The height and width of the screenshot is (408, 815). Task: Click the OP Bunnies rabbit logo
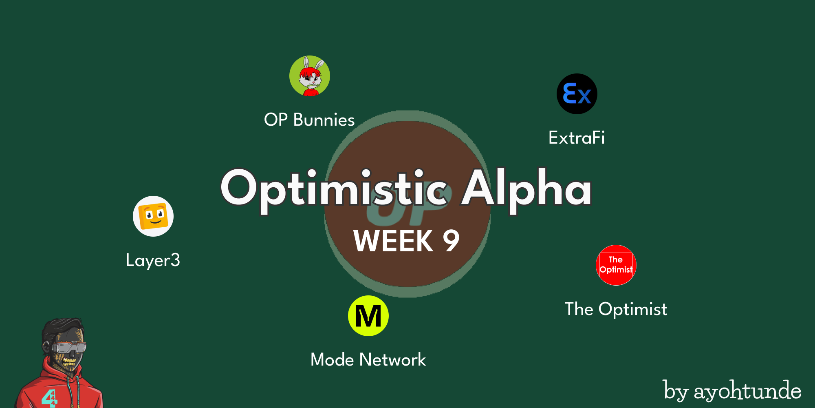pos(310,76)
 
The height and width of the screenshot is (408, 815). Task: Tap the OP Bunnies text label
pos(309,120)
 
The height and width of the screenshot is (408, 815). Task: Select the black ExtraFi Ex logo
pos(577,94)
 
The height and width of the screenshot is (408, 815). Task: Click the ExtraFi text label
pos(577,138)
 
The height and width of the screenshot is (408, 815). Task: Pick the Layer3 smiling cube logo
pos(153,216)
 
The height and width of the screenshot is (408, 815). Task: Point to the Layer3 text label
pos(153,260)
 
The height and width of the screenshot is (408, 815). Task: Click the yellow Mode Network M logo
pos(368,316)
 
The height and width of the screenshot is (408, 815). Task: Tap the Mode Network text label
pos(368,360)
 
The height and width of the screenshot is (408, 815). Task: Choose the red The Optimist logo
pos(616,265)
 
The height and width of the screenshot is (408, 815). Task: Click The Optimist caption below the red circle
pos(616,309)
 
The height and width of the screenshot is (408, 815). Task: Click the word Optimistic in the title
pos(334,190)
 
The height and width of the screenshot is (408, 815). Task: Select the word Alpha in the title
pos(526,190)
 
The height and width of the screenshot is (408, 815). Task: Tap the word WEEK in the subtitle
pos(393,241)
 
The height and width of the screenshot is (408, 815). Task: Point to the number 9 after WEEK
pos(451,241)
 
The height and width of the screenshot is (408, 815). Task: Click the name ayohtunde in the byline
pos(747,391)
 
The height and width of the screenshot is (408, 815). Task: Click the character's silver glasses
pos(69,348)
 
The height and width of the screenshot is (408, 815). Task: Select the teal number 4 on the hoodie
pos(49,398)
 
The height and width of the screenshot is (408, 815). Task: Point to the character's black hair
pos(61,329)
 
